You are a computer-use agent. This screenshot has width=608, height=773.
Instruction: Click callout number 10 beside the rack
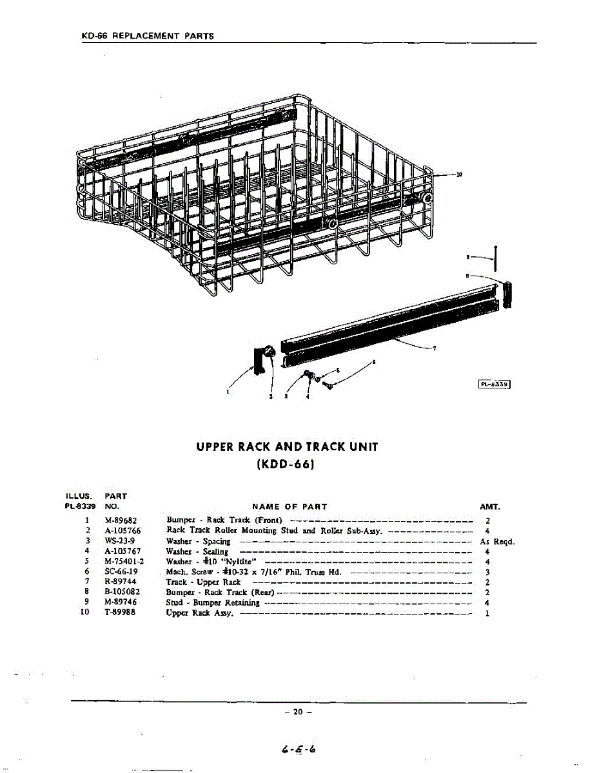click(459, 174)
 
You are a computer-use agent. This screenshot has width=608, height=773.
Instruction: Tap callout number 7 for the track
click(435, 348)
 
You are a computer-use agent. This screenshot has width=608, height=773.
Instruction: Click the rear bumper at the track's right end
click(507, 294)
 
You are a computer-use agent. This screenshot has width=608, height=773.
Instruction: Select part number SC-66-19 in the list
click(120, 571)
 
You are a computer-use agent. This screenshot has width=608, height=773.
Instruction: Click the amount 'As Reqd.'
click(496, 542)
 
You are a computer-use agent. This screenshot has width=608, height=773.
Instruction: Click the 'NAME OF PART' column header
click(289, 507)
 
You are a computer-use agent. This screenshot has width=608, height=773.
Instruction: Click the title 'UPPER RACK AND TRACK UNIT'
click(288, 446)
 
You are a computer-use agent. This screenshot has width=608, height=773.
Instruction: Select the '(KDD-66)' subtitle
click(288, 464)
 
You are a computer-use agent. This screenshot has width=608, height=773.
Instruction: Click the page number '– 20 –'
click(297, 712)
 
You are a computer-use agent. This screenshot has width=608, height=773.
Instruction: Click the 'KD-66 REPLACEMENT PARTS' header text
click(148, 36)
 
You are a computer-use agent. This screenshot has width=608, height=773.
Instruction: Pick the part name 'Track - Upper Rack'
click(204, 581)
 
